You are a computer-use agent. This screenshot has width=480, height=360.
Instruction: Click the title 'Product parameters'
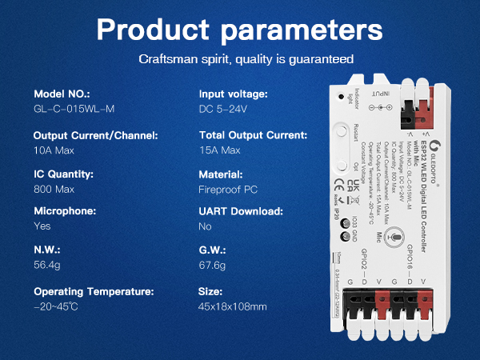pos(239,31)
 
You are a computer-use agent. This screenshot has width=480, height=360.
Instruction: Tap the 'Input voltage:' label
pos(233,94)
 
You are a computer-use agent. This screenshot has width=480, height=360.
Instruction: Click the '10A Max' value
pos(55,150)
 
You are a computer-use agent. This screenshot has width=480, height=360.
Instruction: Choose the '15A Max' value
pos(219,150)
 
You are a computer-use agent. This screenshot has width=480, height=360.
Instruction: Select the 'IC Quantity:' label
pos(63,174)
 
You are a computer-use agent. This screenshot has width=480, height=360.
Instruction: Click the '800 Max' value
pos(54,190)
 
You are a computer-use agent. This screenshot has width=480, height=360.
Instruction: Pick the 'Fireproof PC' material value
pos(227,190)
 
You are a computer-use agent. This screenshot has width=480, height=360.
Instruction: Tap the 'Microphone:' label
pos(65,211)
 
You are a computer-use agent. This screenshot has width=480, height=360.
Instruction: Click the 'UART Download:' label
pos(241,211)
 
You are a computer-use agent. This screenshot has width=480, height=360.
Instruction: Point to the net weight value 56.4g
pos(49,265)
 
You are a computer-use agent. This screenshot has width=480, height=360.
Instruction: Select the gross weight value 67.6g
pos(213,265)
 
